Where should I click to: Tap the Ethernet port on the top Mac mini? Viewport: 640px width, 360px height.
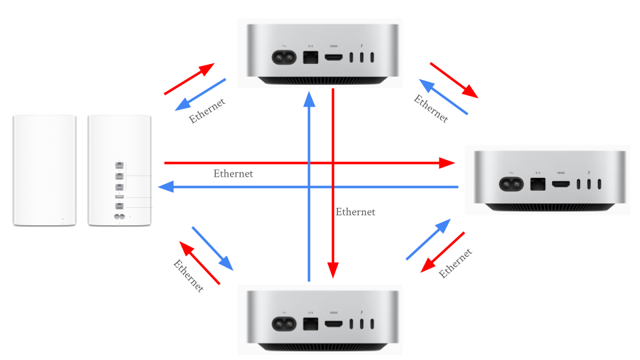pyautogui.click(x=310, y=57)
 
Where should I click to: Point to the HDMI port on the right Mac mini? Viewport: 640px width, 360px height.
pyautogui.click(x=561, y=184)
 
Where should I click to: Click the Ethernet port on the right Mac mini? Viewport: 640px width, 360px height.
pyautogui.click(x=537, y=183)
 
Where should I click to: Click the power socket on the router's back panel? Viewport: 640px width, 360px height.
pyautogui.click(x=121, y=217)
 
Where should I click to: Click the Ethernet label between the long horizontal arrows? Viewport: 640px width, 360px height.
pyautogui.click(x=233, y=173)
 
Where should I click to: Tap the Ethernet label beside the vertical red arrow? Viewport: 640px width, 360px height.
pyautogui.click(x=355, y=212)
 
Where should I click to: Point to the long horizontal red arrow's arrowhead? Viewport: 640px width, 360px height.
pyautogui.click(x=447, y=162)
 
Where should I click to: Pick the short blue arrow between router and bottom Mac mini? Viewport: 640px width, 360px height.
pyautogui.click(x=213, y=249)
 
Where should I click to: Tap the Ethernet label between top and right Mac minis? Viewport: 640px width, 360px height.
pyautogui.click(x=431, y=109)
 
